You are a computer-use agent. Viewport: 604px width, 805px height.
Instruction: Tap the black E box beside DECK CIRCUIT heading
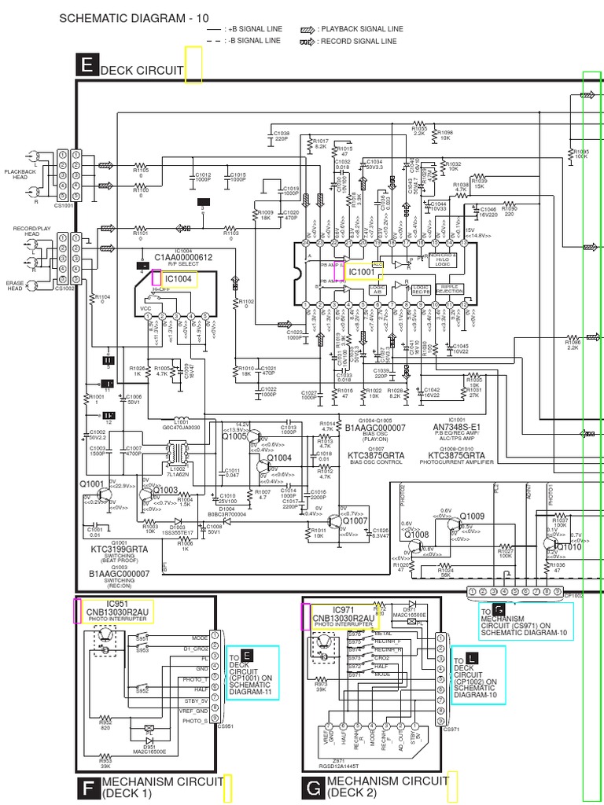[x=87, y=67]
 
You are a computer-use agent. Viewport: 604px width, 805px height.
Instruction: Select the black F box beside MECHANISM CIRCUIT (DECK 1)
[x=87, y=788]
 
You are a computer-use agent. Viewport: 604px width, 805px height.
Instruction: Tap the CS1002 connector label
[x=64, y=289]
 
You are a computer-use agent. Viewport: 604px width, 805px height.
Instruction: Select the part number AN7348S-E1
[x=457, y=427]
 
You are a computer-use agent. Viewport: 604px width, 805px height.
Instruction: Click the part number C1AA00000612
[x=182, y=257]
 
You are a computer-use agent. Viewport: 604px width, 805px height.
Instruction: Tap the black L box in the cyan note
[x=471, y=656]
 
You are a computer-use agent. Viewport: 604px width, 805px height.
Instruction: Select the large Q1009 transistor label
[x=472, y=516]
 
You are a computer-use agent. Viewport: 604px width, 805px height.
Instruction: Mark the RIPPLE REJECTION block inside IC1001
[x=450, y=289]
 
